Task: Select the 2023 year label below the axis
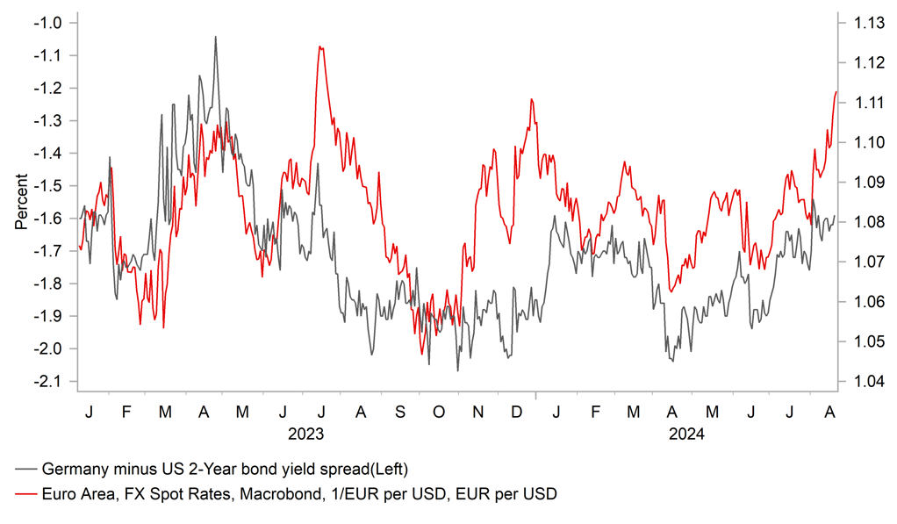[x=305, y=434]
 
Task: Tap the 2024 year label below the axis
[x=685, y=434]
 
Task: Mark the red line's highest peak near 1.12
[x=321, y=47]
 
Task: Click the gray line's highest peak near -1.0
[x=216, y=37]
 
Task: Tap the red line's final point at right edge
[x=836, y=91]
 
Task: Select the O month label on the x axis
[x=439, y=411]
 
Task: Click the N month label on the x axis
[x=477, y=411]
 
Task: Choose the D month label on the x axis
[x=518, y=411]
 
